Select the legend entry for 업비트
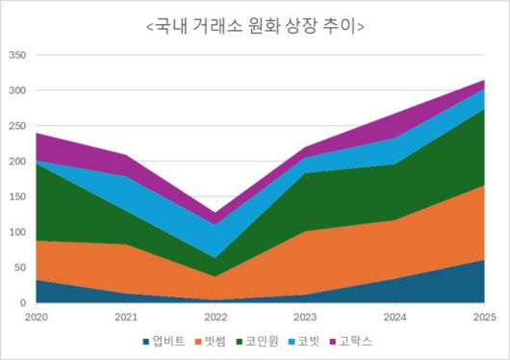tap(169, 341)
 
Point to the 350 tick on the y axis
tap(16, 56)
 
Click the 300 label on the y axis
tap(16, 91)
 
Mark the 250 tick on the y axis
tap(16, 126)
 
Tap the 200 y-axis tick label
tap(16, 162)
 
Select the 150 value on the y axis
tap(16, 197)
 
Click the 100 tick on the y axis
tap(16, 232)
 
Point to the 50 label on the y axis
tap(19, 268)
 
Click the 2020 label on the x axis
tap(36, 316)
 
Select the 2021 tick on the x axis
tap(125, 316)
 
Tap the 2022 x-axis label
tap(215, 316)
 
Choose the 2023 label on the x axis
tap(304, 316)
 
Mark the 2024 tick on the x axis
tap(394, 316)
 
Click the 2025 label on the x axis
tap(483, 316)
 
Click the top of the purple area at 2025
tap(483, 81)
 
